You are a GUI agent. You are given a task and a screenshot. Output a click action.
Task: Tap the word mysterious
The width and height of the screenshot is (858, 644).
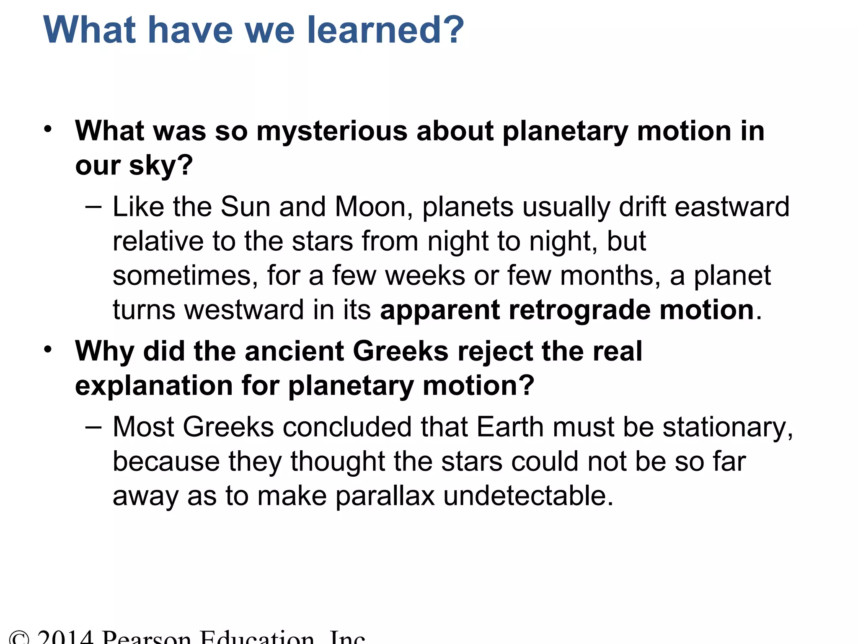click(332, 131)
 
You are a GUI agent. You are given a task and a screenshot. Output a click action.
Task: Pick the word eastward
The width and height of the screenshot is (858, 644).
click(732, 207)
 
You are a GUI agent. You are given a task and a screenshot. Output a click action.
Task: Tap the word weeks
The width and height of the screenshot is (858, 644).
click(425, 276)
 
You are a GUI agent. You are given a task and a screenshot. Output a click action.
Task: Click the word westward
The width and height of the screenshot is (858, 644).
click(244, 310)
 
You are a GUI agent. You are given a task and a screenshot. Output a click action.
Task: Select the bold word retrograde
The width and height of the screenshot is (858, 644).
click(579, 310)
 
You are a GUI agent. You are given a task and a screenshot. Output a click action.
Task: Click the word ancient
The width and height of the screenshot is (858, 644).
click(294, 351)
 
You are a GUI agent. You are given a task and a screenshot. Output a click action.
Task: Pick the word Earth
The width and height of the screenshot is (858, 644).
click(510, 427)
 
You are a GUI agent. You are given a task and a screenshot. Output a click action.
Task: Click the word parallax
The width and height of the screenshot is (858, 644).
click(385, 496)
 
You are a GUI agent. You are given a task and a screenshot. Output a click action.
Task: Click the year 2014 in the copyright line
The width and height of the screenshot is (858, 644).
click(65, 638)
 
